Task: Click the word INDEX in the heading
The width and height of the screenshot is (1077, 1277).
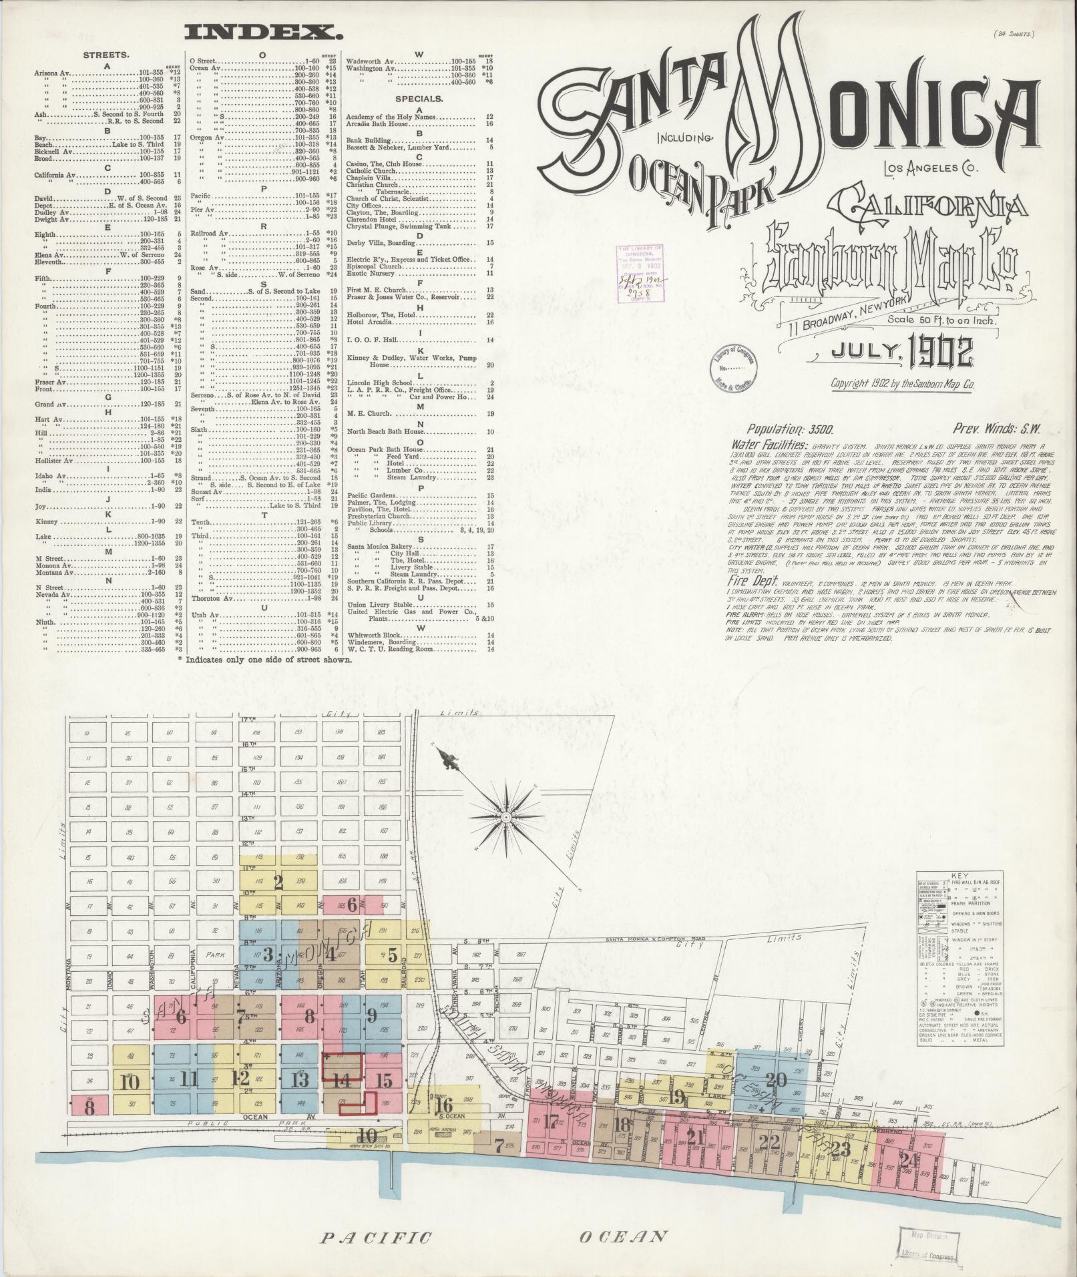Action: [x=260, y=31]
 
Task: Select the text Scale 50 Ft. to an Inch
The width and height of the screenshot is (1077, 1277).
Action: [x=941, y=320]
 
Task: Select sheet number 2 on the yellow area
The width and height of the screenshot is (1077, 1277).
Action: [x=278, y=882]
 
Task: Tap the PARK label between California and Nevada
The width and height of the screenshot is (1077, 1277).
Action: [x=216, y=937]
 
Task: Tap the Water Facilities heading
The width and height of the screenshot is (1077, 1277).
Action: [x=771, y=445]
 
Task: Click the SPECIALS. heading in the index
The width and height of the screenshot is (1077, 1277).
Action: [x=419, y=99]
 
